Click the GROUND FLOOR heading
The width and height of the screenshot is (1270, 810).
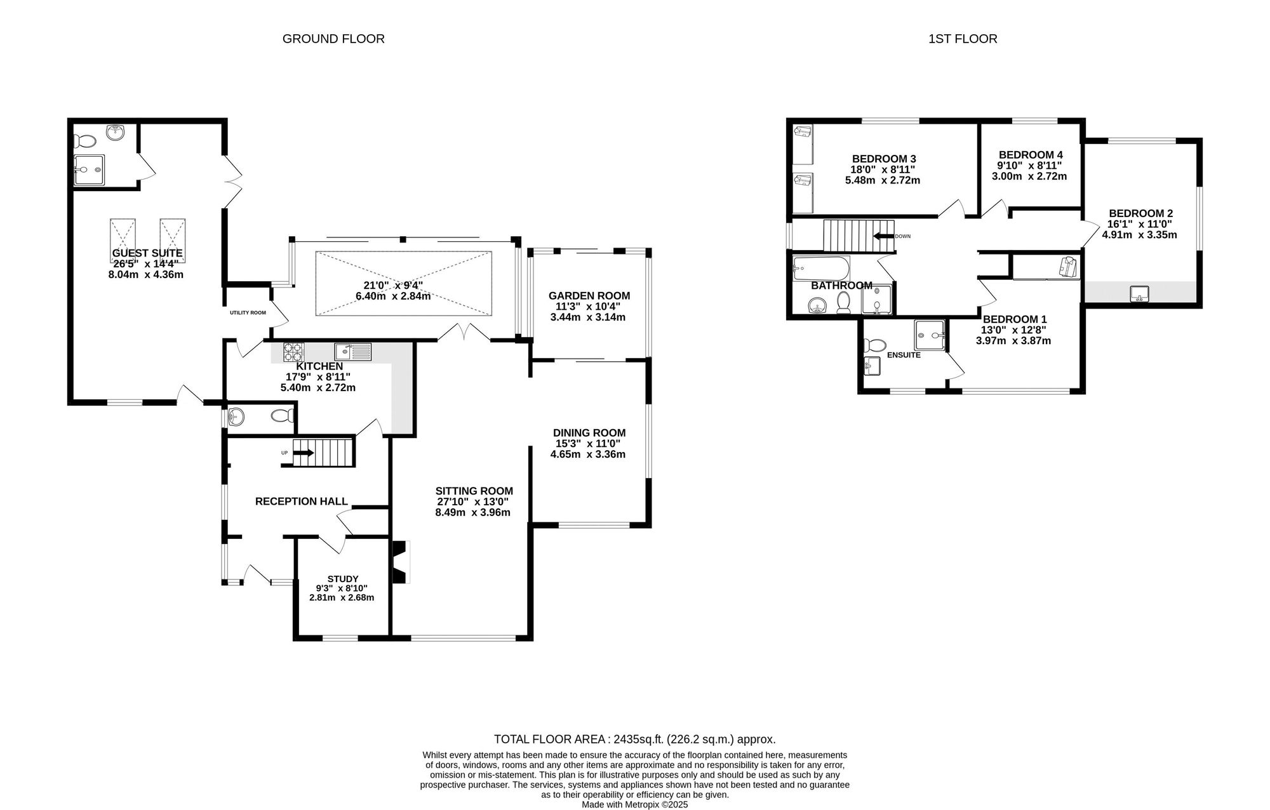pos(333,39)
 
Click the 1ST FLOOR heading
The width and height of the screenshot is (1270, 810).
pos(963,39)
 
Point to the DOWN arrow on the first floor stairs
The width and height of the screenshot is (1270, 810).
pos(883,236)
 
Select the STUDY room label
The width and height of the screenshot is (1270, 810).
pos(342,578)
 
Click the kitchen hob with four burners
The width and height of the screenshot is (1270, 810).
pos(293,352)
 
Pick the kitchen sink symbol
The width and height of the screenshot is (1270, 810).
pos(352,351)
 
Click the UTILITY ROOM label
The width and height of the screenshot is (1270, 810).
pos(248,312)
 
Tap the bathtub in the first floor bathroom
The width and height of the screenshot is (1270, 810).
pos(821,269)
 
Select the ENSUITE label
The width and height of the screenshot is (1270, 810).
pos(903,355)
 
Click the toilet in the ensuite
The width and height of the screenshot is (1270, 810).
pos(876,346)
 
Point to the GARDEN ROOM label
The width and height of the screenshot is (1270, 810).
pos(589,295)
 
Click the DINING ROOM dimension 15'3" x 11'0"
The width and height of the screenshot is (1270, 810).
pos(588,443)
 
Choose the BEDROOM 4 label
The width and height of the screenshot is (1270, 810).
pos(1030,154)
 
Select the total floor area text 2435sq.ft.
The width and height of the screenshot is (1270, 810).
pos(634,739)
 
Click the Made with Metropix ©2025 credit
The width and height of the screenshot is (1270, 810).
pos(634,804)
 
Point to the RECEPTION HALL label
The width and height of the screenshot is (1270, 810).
pos(301,501)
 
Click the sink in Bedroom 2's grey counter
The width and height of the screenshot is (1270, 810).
pos(1139,293)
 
